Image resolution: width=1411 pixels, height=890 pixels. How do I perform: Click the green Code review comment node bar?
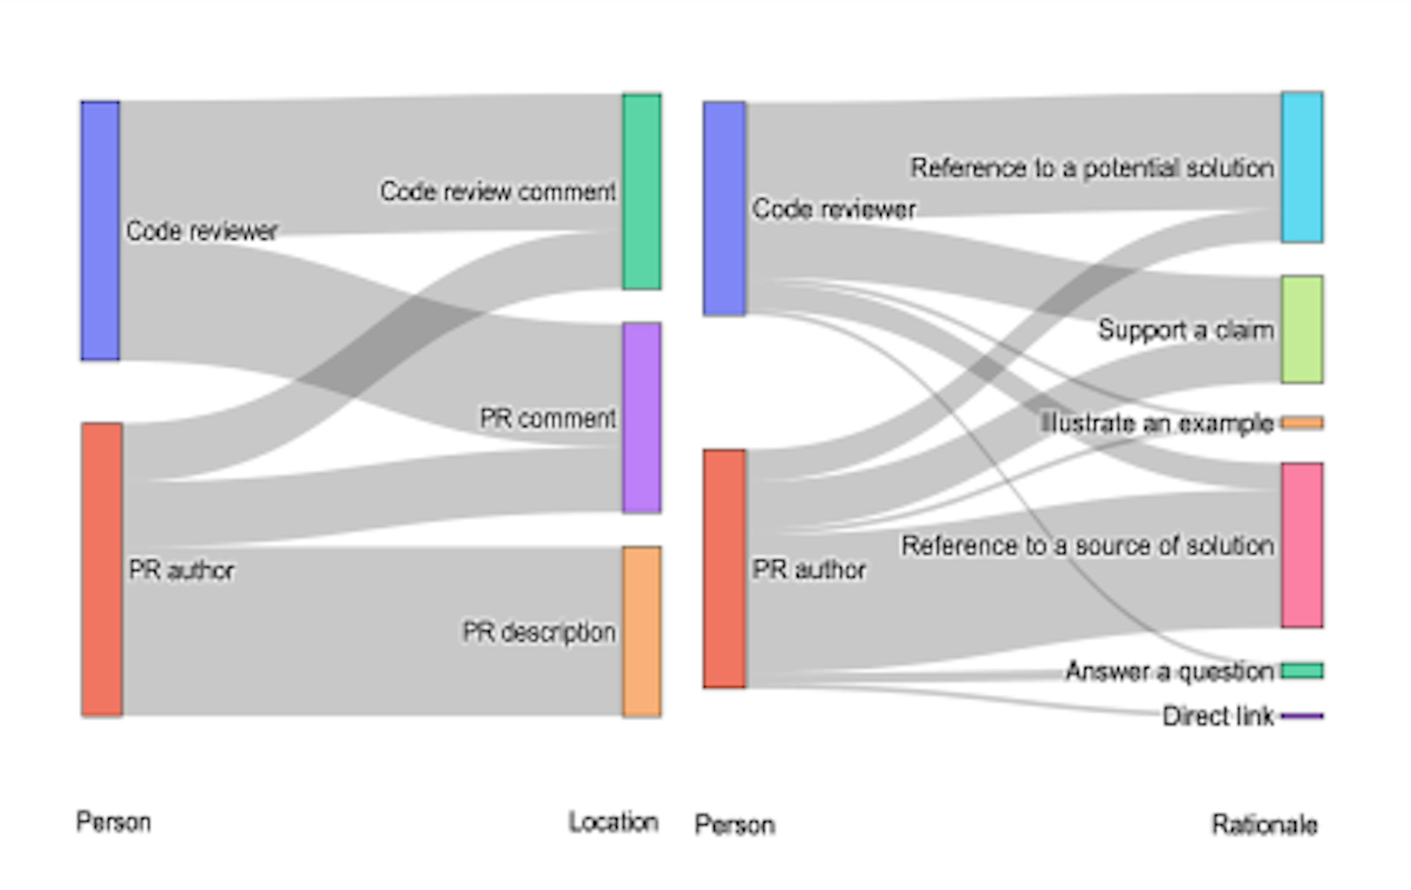pos(642,192)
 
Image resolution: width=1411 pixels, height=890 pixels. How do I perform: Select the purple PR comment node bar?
pos(642,417)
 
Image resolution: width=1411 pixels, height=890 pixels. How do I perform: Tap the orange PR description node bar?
pos(642,631)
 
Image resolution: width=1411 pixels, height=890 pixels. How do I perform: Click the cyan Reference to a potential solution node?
pos(1302,167)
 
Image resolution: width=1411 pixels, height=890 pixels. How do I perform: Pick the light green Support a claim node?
pos(1302,330)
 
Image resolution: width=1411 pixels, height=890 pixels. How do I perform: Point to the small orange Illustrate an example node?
pos(1302,423)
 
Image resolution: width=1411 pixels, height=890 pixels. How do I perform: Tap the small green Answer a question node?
pos(1302,670)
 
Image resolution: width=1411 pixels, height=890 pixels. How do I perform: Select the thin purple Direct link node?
pos(1302,716)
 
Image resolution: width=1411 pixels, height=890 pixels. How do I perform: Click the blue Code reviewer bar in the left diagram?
pos(100,231)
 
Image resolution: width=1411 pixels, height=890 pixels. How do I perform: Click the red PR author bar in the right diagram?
pos(724,569)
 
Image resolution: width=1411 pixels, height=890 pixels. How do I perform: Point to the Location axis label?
pos(614,822)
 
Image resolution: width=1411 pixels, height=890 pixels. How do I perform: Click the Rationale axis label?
pos(1264,824)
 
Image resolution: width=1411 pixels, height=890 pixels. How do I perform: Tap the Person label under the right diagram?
pos(735,824)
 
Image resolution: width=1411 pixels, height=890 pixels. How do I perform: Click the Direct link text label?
pos(1218,716)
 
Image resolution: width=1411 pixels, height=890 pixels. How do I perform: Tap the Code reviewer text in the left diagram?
pos(202,231)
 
